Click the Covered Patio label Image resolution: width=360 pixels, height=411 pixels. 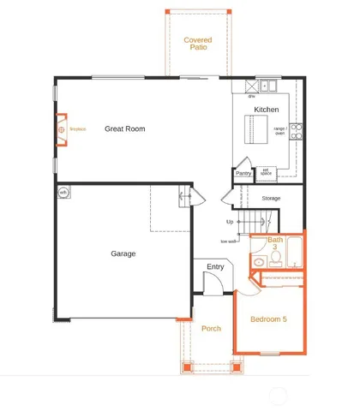click(x=198, y=44)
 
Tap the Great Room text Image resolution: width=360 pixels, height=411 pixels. click(x=125, y=129)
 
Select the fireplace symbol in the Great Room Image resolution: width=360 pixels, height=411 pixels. click(x=62, y=130)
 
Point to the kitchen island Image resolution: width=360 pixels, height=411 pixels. click(x=252, y=131)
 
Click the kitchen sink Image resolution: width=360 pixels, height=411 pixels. click(x=266, y=85)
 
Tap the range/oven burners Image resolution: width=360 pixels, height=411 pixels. click(x=296, y=131)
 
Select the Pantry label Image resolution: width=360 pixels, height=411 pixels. click(x=243, y=173)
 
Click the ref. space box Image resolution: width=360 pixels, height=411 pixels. click(x=266, y=171)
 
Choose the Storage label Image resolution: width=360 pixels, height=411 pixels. click(x=271, y=199)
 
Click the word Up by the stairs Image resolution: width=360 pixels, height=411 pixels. click(x=231, y=222)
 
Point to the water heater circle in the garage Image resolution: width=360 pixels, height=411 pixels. click(x=63, y=193)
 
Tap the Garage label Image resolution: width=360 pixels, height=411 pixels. click(x=123, y=253)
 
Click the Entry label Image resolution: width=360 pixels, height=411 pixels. click(x=214, y=268)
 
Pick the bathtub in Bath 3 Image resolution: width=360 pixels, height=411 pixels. click(x=295, y=254)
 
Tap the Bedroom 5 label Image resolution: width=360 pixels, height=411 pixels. click(x=268, y=320)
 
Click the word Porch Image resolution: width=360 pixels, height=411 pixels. click(x=211, y=329)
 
